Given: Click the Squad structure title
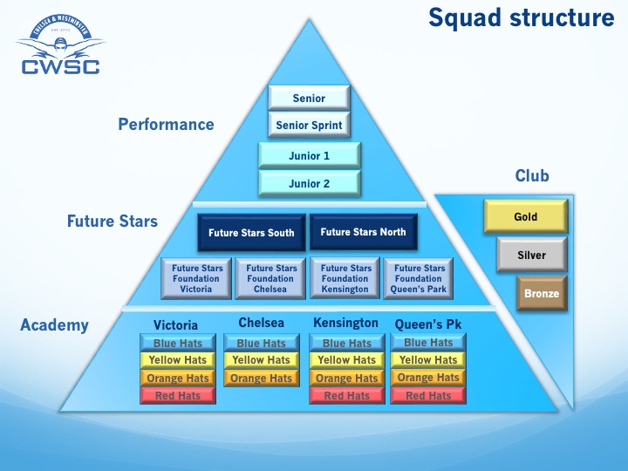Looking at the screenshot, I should (x=521, y=18).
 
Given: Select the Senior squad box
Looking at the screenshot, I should (x=309, y=99).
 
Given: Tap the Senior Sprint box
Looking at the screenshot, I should (x=309, y=126).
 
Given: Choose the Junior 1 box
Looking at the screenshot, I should (x=309, y=156).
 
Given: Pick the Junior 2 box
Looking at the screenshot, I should (x=309, y=184).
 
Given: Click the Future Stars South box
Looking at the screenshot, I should (x=251, y=233).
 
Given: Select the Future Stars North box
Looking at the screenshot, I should (x=363, y=232).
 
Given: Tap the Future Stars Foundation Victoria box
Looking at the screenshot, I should (x=197, y=278).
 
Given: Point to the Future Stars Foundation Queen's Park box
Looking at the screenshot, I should (x=420, y=278).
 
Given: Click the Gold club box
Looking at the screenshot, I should (x=525, y=216).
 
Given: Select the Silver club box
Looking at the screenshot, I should (x=531, y=255).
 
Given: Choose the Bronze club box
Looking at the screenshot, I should (x=541, y=294).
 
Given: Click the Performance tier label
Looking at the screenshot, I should (x=166, y=125).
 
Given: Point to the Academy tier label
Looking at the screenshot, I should (x=54, y=325).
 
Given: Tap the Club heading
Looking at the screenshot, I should (x=532, y=176).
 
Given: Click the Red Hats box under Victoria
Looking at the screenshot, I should (x=177, y=396).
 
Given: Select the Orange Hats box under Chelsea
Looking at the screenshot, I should (x=261, y=379).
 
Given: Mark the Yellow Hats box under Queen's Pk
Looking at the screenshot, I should (x=427, y=360).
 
